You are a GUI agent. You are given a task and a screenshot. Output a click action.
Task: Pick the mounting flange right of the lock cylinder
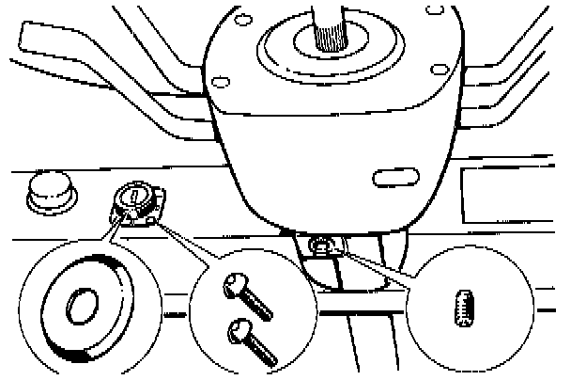161,203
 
